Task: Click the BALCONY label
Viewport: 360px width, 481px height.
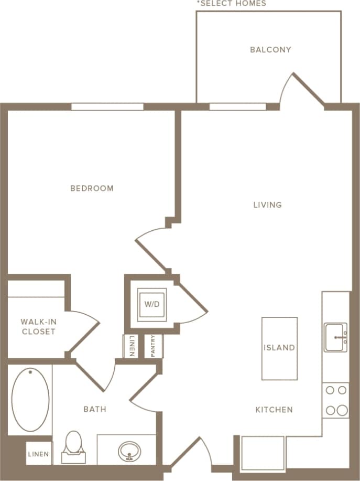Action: coord(270,50)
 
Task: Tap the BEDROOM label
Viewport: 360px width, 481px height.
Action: coord(92,188)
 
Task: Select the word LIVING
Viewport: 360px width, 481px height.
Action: coord(267,205)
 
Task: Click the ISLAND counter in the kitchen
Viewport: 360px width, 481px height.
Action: coord(279,348)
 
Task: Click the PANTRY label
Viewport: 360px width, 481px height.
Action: coord(152,346)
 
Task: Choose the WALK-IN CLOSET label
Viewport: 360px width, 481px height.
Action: coord(38,326)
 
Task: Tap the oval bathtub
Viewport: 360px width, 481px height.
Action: coord(30,400)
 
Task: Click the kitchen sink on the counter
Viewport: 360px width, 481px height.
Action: coord(335,337)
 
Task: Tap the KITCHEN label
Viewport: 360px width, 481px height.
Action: coord(274,410)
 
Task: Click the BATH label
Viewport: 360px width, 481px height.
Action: coord(95,409)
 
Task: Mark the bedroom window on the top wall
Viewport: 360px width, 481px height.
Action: coord(107,106)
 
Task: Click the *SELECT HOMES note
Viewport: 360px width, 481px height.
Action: coord(231,4)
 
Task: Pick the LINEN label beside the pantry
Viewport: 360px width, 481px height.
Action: coord(132,346)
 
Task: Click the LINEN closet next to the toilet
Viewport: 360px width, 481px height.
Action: coord(39,454)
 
